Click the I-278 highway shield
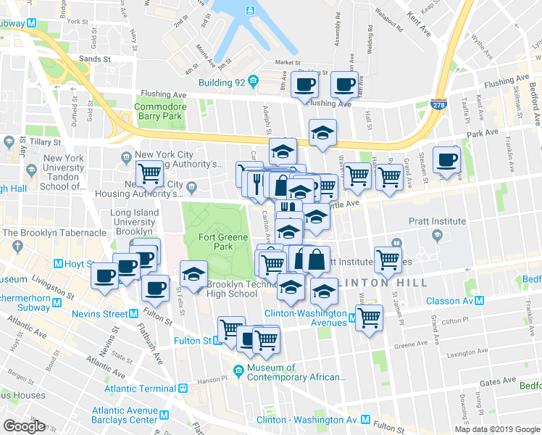[x=437, y=107]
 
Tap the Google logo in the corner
[x=24, y=426]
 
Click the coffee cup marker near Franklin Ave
[x=446, y=159]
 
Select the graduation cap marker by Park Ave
[x=322, y=132]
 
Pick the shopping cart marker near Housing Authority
[x=149, y=173]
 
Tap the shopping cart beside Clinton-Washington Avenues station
[x=370, y=316]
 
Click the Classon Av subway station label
[x=458, y=301]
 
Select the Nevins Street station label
[x=99, y=314]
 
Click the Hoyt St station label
[x=80, y=262]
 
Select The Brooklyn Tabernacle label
[x=54, y=233]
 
